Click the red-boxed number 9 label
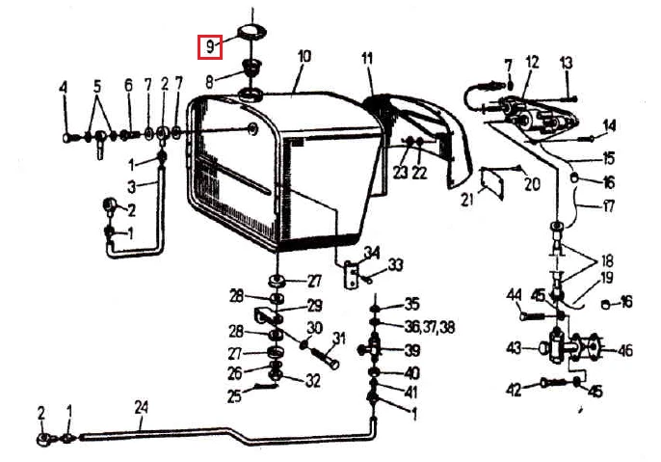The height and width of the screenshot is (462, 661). point(210,47)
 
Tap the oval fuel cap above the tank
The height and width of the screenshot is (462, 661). point(251,31)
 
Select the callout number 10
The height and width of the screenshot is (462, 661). point(304,57)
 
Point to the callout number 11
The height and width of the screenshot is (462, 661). point(367,58)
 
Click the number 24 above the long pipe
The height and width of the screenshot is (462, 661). point(142,407)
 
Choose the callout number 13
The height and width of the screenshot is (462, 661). point(567,63)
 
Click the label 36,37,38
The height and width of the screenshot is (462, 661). point(430,327)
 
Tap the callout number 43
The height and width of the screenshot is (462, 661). point(514,348)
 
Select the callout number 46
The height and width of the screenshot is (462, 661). point(625,351)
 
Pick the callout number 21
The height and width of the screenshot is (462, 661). point(466,200)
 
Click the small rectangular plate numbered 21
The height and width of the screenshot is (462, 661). point(492,181)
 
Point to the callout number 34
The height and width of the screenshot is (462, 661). point(372,253)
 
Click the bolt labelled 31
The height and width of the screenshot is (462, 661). point(324,358)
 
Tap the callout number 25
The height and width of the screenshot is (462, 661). point(234,396)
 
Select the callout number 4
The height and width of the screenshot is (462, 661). point(64,88)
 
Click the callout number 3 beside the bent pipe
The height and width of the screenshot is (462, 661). point(132,187)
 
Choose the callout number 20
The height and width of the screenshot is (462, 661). point(533,184)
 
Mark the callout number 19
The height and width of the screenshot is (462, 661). point(607,279)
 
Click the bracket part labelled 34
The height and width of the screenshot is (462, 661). point(351,275)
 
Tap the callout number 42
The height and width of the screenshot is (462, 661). point(514,391)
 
